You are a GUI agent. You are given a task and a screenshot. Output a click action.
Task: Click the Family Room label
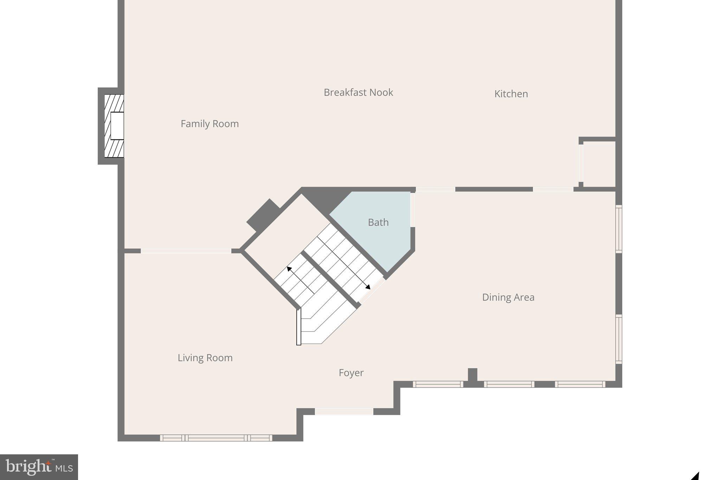click(x=210, y=124)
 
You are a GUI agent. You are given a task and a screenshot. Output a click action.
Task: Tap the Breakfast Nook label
click(x=358, y=92)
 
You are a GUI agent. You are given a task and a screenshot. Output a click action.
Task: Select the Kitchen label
click(x=511, y=94)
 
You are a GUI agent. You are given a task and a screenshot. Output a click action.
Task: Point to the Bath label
click(x=378, y=222)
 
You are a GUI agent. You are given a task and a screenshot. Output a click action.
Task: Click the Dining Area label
click(x=508, y=297)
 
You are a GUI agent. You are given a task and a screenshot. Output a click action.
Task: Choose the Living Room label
click(x=205, y=358)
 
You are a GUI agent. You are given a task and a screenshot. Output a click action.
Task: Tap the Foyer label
click(x=351, y=373)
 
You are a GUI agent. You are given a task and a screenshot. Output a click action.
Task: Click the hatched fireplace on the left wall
click(x=114, y=126)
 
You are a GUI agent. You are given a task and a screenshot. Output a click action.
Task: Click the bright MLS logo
click(x=39, y=467)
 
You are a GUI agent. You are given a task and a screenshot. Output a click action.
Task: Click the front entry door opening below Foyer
click(x=344, y=411)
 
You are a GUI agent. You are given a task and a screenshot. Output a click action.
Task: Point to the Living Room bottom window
click(x=216, y=438)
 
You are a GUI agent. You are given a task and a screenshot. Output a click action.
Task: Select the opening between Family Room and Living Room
click(x=186, y=251)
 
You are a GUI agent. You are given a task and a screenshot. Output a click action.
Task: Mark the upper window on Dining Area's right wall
click(x=619, y=229)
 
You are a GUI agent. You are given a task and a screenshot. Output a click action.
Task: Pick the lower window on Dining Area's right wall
click(x=619, y=339)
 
